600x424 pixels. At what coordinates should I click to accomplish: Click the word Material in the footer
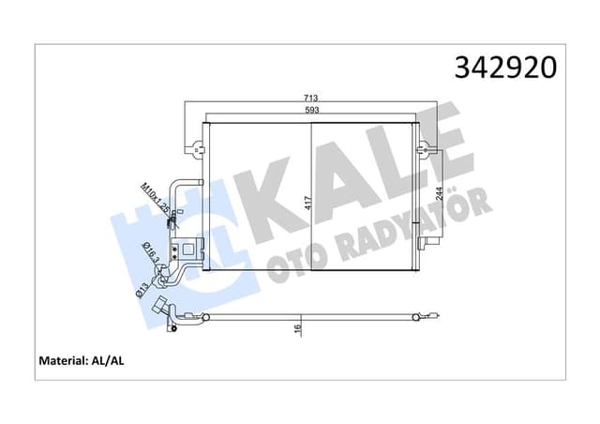67,360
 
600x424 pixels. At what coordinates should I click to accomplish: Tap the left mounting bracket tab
195,147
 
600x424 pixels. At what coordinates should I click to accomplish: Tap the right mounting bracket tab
427,147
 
